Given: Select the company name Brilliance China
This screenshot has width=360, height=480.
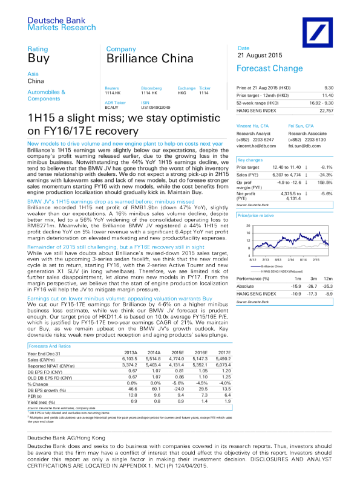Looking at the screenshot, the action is [143, 59].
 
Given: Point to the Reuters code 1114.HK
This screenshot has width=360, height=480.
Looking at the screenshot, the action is [114, 94].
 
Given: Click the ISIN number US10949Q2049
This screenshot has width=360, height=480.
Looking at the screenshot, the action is [156, 106].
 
